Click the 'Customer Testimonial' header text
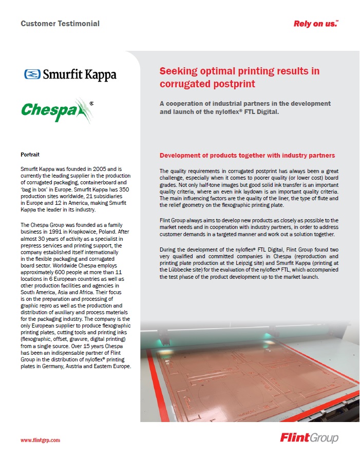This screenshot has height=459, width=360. [x=60, y=24]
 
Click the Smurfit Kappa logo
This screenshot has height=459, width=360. [x=70, y=74]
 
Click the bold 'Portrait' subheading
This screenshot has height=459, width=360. [x=30, y=155]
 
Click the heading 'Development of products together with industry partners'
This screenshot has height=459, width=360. [x=247, y=156]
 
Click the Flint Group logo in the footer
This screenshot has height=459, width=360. [x=309, y=438]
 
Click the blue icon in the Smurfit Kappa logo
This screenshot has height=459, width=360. [x=32, y=74]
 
